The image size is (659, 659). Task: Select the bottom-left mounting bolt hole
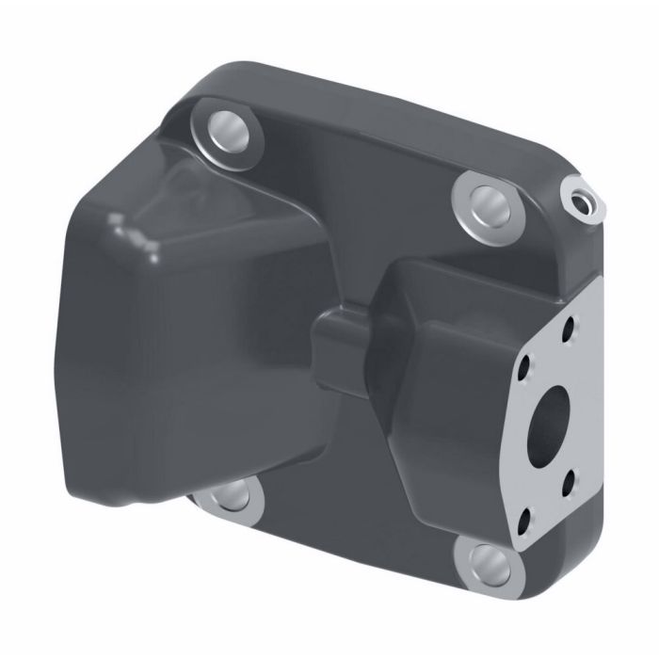pos(229,496)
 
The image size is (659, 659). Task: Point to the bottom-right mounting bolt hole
pos(485,565)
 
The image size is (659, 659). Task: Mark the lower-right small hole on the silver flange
pos(568,486)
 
